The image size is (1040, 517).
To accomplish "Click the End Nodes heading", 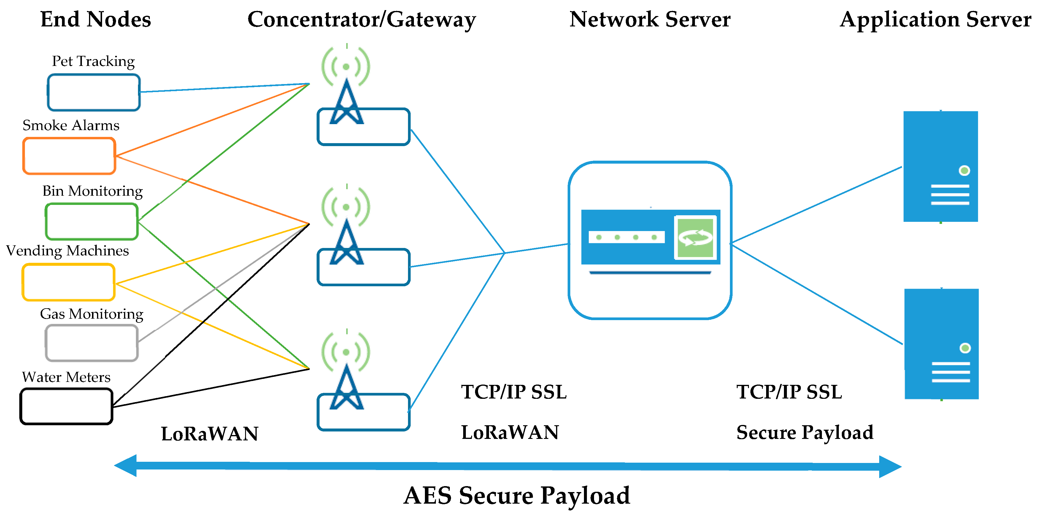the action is (x=96, y=19).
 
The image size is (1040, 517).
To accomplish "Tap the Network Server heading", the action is (x=650, y=19).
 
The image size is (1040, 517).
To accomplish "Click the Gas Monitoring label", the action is (x=92, y=314).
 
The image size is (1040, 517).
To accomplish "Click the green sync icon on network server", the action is (x=695, y=238).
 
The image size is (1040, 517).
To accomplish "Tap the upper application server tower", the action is (x=941, y=166).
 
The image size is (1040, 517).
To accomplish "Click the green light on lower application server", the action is (x=965, y=348).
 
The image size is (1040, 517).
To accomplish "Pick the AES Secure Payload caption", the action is (x=517, y=496).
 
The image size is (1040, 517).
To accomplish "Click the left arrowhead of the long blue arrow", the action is (x=125, y=466).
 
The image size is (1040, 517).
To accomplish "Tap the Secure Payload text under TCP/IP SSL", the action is (x=805, y=433).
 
